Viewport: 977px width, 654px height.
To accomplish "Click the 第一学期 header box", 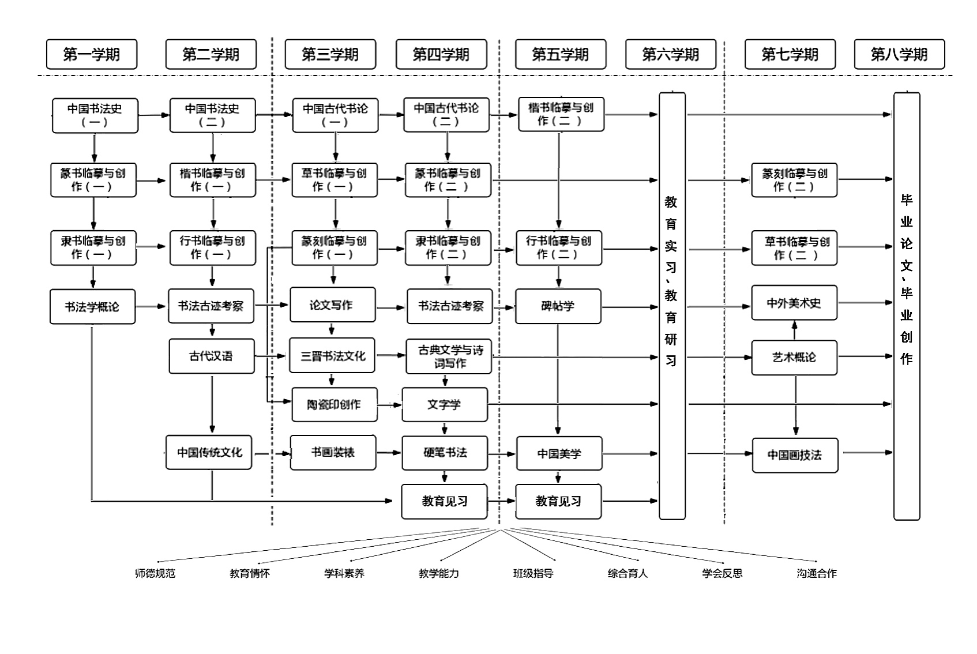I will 92,54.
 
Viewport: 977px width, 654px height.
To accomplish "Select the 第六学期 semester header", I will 671,54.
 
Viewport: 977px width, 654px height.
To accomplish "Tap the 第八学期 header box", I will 899,54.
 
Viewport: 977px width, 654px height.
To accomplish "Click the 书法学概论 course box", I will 92,306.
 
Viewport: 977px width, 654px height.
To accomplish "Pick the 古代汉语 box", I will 211,356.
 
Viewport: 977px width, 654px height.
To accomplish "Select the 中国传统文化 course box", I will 209,452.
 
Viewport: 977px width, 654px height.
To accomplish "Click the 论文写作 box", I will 332,305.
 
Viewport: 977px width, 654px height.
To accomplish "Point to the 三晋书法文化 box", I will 332,356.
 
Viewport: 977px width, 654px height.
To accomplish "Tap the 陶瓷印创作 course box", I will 334,404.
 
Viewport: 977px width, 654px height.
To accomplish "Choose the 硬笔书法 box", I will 445,453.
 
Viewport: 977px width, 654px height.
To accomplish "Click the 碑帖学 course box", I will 558,306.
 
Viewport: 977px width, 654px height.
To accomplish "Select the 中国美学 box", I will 559,454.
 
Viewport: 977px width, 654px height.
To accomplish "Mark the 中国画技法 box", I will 794,455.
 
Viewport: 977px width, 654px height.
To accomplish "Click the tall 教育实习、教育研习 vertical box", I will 672,306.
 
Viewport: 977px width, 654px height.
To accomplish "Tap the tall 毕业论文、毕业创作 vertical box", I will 907,306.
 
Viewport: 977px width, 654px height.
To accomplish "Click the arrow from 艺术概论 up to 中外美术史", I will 795,330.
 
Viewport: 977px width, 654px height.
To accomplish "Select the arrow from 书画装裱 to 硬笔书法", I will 389,453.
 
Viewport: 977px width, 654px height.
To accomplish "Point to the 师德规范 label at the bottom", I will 155,573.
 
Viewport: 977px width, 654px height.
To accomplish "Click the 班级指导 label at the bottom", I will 533,573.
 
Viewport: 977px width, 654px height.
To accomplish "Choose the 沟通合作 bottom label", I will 817,573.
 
